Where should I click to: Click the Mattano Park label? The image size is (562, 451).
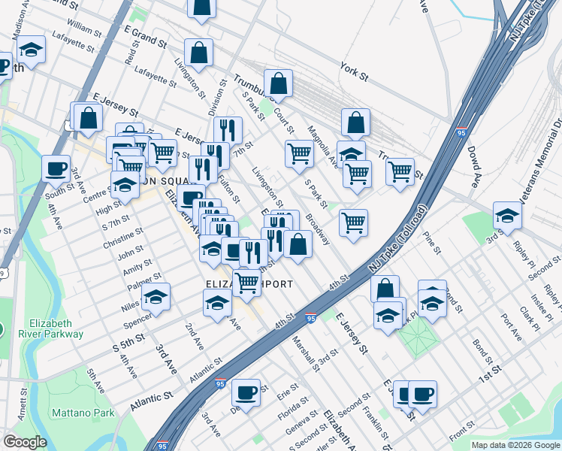click(83, 413)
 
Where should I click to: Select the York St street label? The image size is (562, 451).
click(353, 72)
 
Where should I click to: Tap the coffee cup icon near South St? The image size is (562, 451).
click(56, 168)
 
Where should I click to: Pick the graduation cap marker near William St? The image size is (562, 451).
click(31, 50)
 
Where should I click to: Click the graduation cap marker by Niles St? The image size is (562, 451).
click(156, 298)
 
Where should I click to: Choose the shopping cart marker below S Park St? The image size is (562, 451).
click(353, 223)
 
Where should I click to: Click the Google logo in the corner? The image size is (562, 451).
click(25, 442)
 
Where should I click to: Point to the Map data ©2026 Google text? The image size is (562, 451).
click(515, 445)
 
